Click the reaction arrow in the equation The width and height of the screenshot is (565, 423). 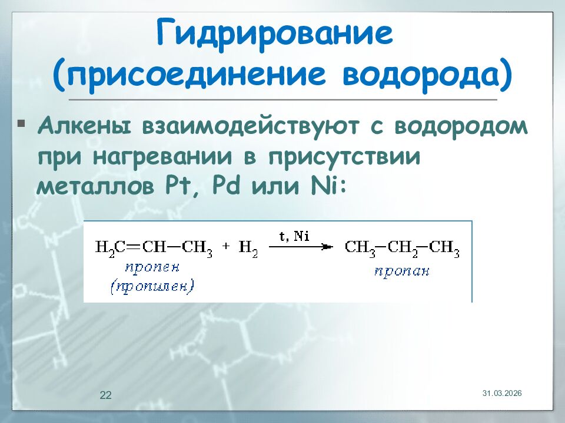click(298, 247)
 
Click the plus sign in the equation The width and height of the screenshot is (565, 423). click(226, 247)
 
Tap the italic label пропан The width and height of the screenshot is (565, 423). click(402, 271)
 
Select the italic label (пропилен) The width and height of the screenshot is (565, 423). click(152, 286)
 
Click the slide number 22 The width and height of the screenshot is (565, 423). click(105, 395)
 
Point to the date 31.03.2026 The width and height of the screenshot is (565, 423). click(502, 392)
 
